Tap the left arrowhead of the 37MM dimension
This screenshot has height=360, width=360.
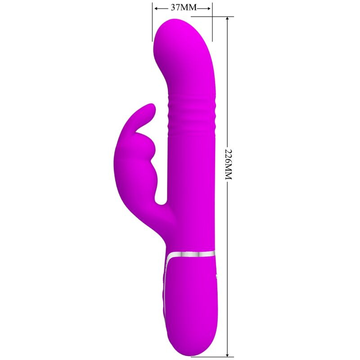coord(155,8)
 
